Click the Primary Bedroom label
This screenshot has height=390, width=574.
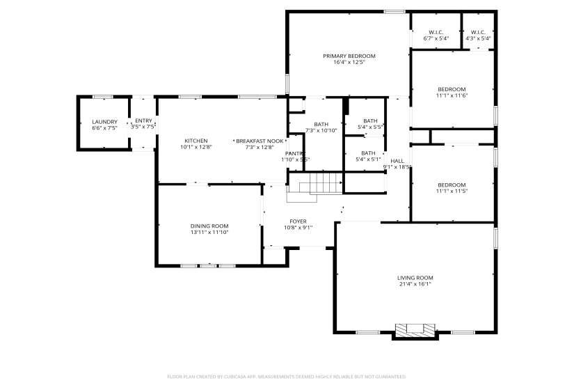pyautogui.click(x=349, y=56)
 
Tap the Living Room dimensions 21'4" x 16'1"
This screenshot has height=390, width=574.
pyautogui.click(x=415, y=284)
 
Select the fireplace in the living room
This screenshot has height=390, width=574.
pyautogui.click(x=415, y=330)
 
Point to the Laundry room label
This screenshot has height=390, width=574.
pyautogui.click(x=104, y=121)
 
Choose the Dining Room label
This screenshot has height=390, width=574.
pyautogui.click(x=209, y=226)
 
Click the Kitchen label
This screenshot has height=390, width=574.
pyautogui.click(x=196, y=140)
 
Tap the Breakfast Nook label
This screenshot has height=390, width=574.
pyautogui.click(x=260, y=140)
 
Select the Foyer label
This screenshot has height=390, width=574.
pyautogui.click(x=298, y=221)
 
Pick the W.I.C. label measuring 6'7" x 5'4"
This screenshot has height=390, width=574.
pyautogui.click(x=436, y=32)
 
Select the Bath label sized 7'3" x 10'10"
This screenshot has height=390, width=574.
pyautogui.click(x=321, y=124)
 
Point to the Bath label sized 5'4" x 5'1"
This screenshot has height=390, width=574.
pyautogui.click(x=368, y=153)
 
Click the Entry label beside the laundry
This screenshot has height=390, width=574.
pyautogui.click(x=143, y=120)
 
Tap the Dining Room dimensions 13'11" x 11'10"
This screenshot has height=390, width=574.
pyautogui.click(x=209, y=233)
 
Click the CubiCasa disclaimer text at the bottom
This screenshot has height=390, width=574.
pyautogui.click(x=287, y=377)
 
